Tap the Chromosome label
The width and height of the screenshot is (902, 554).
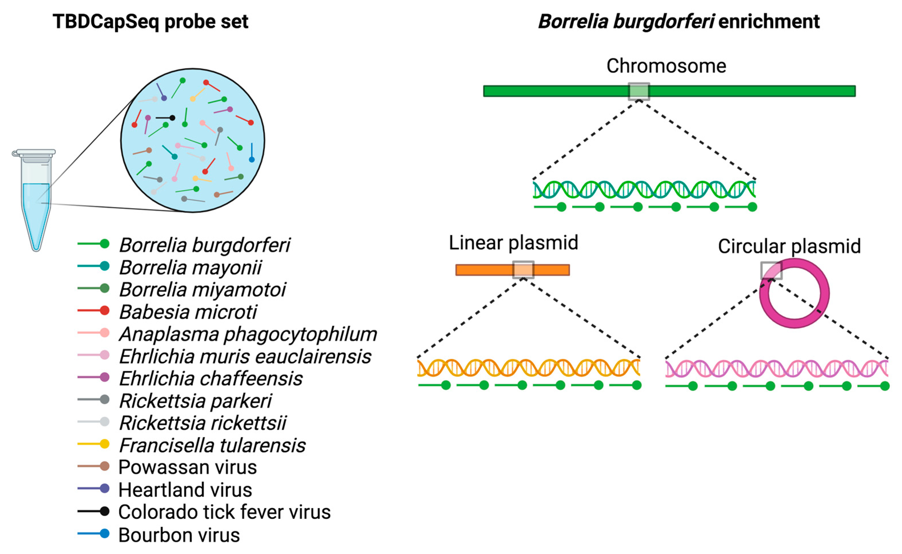666,66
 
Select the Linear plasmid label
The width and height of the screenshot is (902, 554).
513,243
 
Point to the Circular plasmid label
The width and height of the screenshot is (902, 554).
789,246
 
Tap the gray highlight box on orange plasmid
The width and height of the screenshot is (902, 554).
523,270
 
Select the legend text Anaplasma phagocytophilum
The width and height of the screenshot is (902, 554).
248,335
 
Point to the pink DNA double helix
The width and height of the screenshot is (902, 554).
777,368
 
